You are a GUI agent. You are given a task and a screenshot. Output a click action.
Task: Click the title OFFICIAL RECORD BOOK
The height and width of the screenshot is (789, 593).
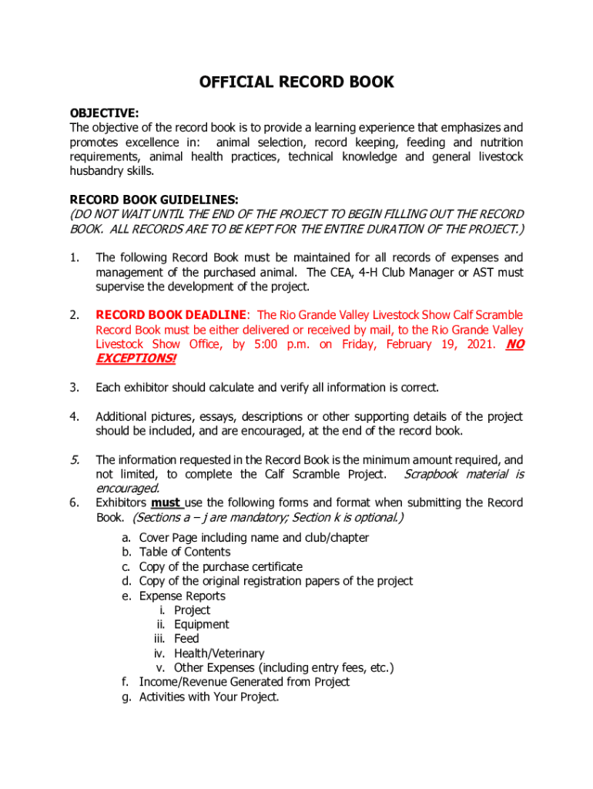tap(296, 82)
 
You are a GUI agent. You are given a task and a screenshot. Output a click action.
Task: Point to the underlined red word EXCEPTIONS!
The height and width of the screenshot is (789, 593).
tap(136, 359)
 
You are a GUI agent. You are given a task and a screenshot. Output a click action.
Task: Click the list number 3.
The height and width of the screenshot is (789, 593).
tap(74, 388)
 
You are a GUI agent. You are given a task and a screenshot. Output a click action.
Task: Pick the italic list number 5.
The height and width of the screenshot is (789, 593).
tap(75, 460)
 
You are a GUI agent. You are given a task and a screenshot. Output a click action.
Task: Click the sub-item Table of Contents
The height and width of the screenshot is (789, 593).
tap(184, 552)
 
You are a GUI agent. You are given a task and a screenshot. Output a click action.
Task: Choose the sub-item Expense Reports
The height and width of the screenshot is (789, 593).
tap(182, 596)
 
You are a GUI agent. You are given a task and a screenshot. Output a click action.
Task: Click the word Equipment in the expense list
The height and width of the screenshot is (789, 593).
tap(201, 625)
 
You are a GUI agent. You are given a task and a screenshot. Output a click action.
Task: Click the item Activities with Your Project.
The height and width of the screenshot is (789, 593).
tap(209, 697)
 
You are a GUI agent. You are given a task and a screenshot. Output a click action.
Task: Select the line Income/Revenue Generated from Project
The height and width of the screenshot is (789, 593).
tap(244, 683)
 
